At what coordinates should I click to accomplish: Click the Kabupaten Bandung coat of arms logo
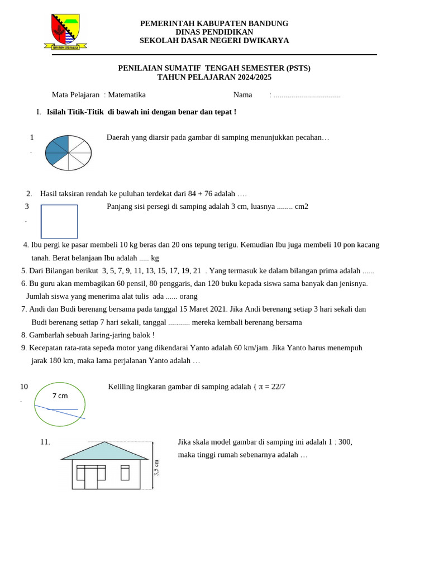[65, 31]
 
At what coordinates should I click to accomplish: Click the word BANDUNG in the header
[266, 23]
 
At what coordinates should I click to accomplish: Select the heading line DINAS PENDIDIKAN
[214, 32]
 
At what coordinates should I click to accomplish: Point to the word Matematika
[127, 95]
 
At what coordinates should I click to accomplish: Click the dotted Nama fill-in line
[307, 96]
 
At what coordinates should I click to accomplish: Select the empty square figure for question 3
[59, 222]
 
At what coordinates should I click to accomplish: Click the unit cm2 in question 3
[302, 207]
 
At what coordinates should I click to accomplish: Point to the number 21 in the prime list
[196, 271]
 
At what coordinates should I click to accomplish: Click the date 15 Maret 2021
[202, 309]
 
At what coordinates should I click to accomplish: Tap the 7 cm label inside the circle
[60, 396]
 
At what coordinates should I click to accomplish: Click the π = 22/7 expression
[272, 387]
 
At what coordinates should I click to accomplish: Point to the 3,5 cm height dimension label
[156, 467]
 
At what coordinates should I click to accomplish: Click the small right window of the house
[125, 473]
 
